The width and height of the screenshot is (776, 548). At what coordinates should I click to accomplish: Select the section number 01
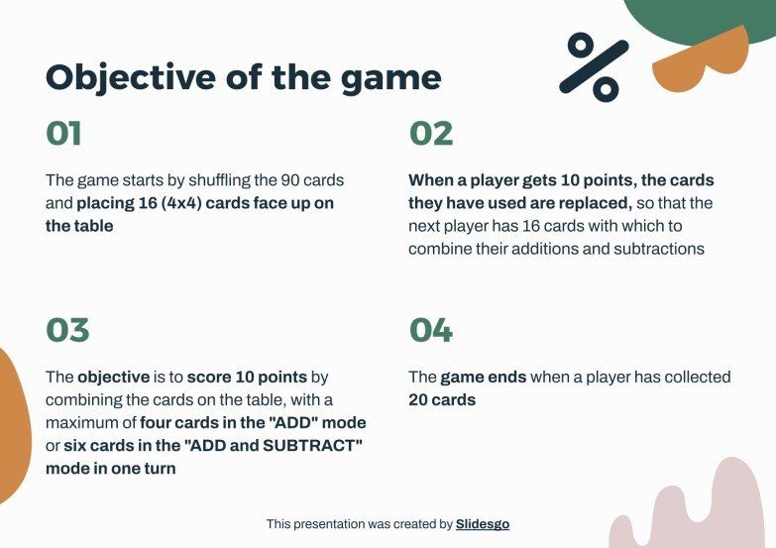click(x=63, y=134)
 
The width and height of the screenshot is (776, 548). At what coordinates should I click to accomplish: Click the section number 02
click(x=431, y=134)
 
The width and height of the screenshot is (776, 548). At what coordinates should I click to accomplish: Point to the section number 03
click(x=67, y=330)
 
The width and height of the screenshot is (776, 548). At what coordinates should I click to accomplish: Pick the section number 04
click(x=431, y=330)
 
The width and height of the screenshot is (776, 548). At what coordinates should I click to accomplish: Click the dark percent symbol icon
click(x=594, y=66)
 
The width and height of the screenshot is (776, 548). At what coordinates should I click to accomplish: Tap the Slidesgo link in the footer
click(x=483, y=523)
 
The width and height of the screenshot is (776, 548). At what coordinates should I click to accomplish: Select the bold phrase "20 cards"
click(x=442, y=400)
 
